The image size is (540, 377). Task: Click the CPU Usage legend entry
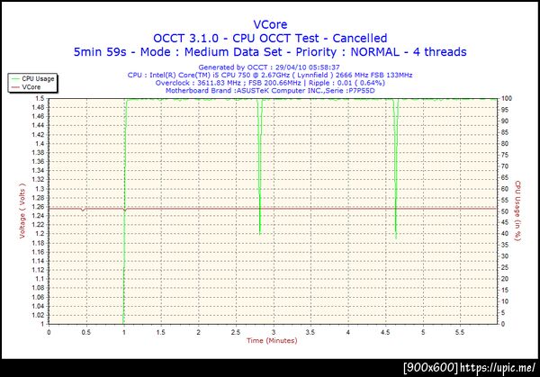(x=39, y=79)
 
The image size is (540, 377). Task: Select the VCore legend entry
(x=32, y=87)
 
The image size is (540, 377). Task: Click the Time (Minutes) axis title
(x=272, y=341)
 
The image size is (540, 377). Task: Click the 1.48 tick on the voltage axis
(x=40, y=109)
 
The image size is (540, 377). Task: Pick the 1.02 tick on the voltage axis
(x=40, y=316)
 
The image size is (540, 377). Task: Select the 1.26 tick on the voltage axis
(x=40, y=208)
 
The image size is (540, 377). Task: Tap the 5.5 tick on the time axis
(x=460, y=332)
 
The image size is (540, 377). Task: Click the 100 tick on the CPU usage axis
(x=507, y=98)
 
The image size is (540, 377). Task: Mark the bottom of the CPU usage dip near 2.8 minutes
(x=260, y=233)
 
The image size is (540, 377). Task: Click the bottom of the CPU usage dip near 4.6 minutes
(x=395, y=238)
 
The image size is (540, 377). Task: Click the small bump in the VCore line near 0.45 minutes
(x=83, y=210)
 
